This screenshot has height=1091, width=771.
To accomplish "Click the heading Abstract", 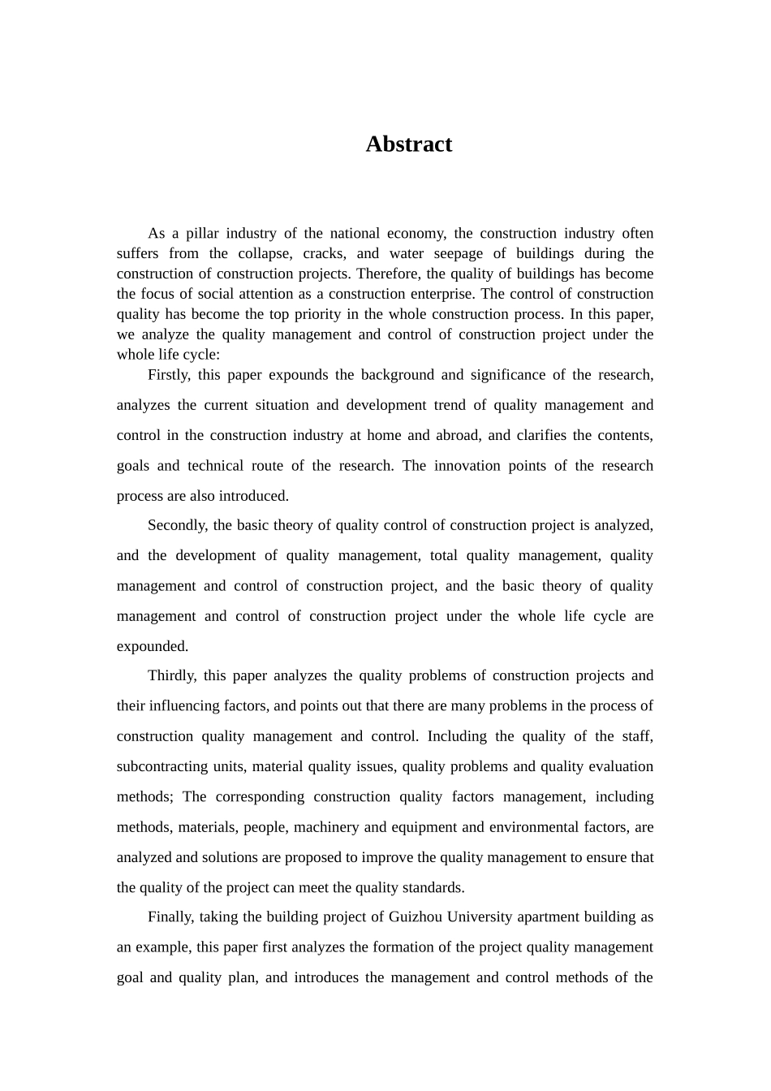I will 408,144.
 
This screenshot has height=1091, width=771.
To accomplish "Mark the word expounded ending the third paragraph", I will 153,646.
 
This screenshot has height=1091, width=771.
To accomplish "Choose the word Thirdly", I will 172,675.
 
